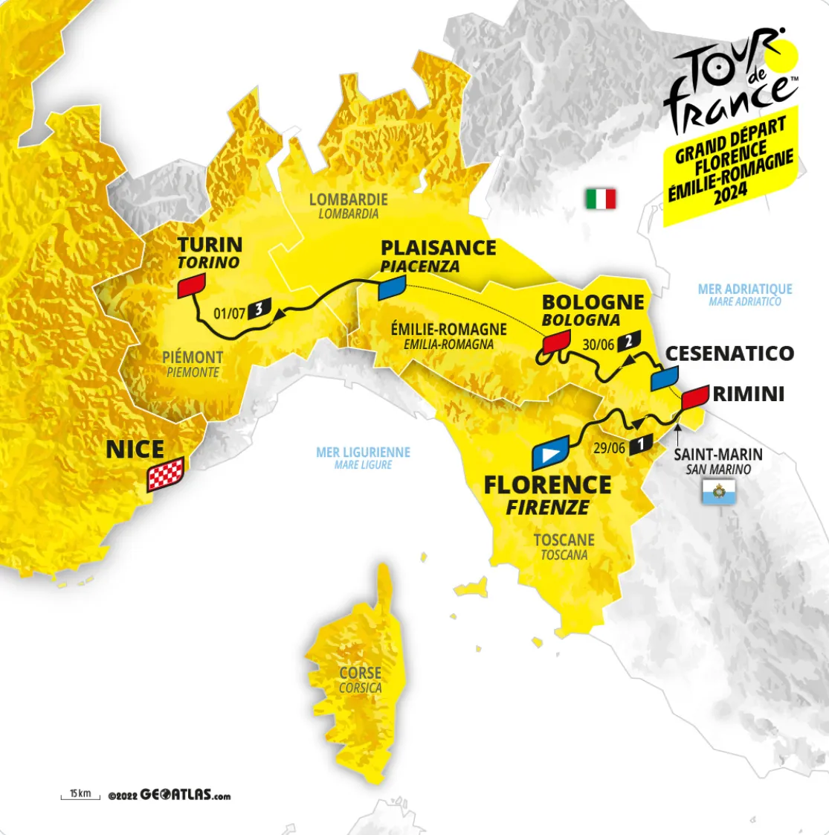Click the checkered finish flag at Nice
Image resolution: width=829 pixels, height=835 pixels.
165,475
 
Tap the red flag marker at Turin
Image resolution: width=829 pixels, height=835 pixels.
191,285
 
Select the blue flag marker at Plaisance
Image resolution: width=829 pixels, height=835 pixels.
392,287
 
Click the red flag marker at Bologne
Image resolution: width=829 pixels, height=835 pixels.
555,341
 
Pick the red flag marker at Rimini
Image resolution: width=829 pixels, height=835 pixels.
694,396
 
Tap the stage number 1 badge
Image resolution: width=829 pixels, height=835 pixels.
640,445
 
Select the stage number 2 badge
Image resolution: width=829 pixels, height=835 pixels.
628,340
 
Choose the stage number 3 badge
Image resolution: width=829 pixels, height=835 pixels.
258,308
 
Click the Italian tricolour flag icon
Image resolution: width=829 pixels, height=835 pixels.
600,199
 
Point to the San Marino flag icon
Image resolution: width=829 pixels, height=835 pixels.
718,491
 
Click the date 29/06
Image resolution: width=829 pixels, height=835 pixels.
609,448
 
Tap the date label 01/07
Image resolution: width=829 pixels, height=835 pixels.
229,313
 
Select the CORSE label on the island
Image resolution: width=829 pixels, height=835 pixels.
361,673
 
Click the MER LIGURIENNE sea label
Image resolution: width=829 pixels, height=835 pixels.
364,452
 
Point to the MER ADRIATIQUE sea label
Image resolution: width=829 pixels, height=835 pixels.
745,289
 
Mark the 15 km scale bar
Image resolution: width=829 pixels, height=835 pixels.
80,796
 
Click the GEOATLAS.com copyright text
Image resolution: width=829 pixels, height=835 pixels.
170,795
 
